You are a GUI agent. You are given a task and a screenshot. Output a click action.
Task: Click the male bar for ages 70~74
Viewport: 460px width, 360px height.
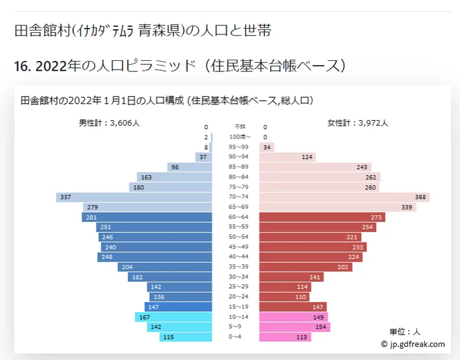(x=134, y=197)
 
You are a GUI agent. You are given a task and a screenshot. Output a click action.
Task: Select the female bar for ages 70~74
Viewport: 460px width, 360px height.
(x=344, y=197)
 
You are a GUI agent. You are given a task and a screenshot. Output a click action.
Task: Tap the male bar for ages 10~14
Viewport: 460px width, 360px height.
(x=173, y=317)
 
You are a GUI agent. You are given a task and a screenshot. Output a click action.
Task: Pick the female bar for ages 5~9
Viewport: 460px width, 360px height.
(x=294, y=327)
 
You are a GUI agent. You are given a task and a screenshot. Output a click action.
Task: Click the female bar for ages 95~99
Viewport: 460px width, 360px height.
(x=266, y=147)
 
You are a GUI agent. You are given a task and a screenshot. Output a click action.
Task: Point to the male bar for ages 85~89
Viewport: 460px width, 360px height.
(x=190, y=167)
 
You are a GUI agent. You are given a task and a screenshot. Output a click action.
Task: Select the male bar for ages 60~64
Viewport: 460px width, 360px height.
(x=147, y=217)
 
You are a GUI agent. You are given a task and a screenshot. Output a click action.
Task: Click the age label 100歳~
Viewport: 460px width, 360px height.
(x=240, y=137)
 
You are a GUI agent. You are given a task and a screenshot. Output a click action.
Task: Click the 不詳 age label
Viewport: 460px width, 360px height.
(x=240, y=127)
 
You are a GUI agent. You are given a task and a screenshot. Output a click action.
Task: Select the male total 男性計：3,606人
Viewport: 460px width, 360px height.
(x=109, y=123)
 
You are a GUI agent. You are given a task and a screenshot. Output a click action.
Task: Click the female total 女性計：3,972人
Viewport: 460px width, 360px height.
(x=357, y=123)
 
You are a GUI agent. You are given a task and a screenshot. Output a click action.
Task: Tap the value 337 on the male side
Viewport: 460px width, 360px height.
(x=65, y=197)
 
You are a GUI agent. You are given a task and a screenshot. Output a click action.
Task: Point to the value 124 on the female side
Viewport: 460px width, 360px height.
(x=307, y=157)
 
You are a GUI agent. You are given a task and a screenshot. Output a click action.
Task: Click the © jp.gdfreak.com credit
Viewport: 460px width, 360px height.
(x=413, y=344)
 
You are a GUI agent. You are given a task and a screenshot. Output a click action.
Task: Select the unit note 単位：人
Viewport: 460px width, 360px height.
(x=405, y=332)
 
